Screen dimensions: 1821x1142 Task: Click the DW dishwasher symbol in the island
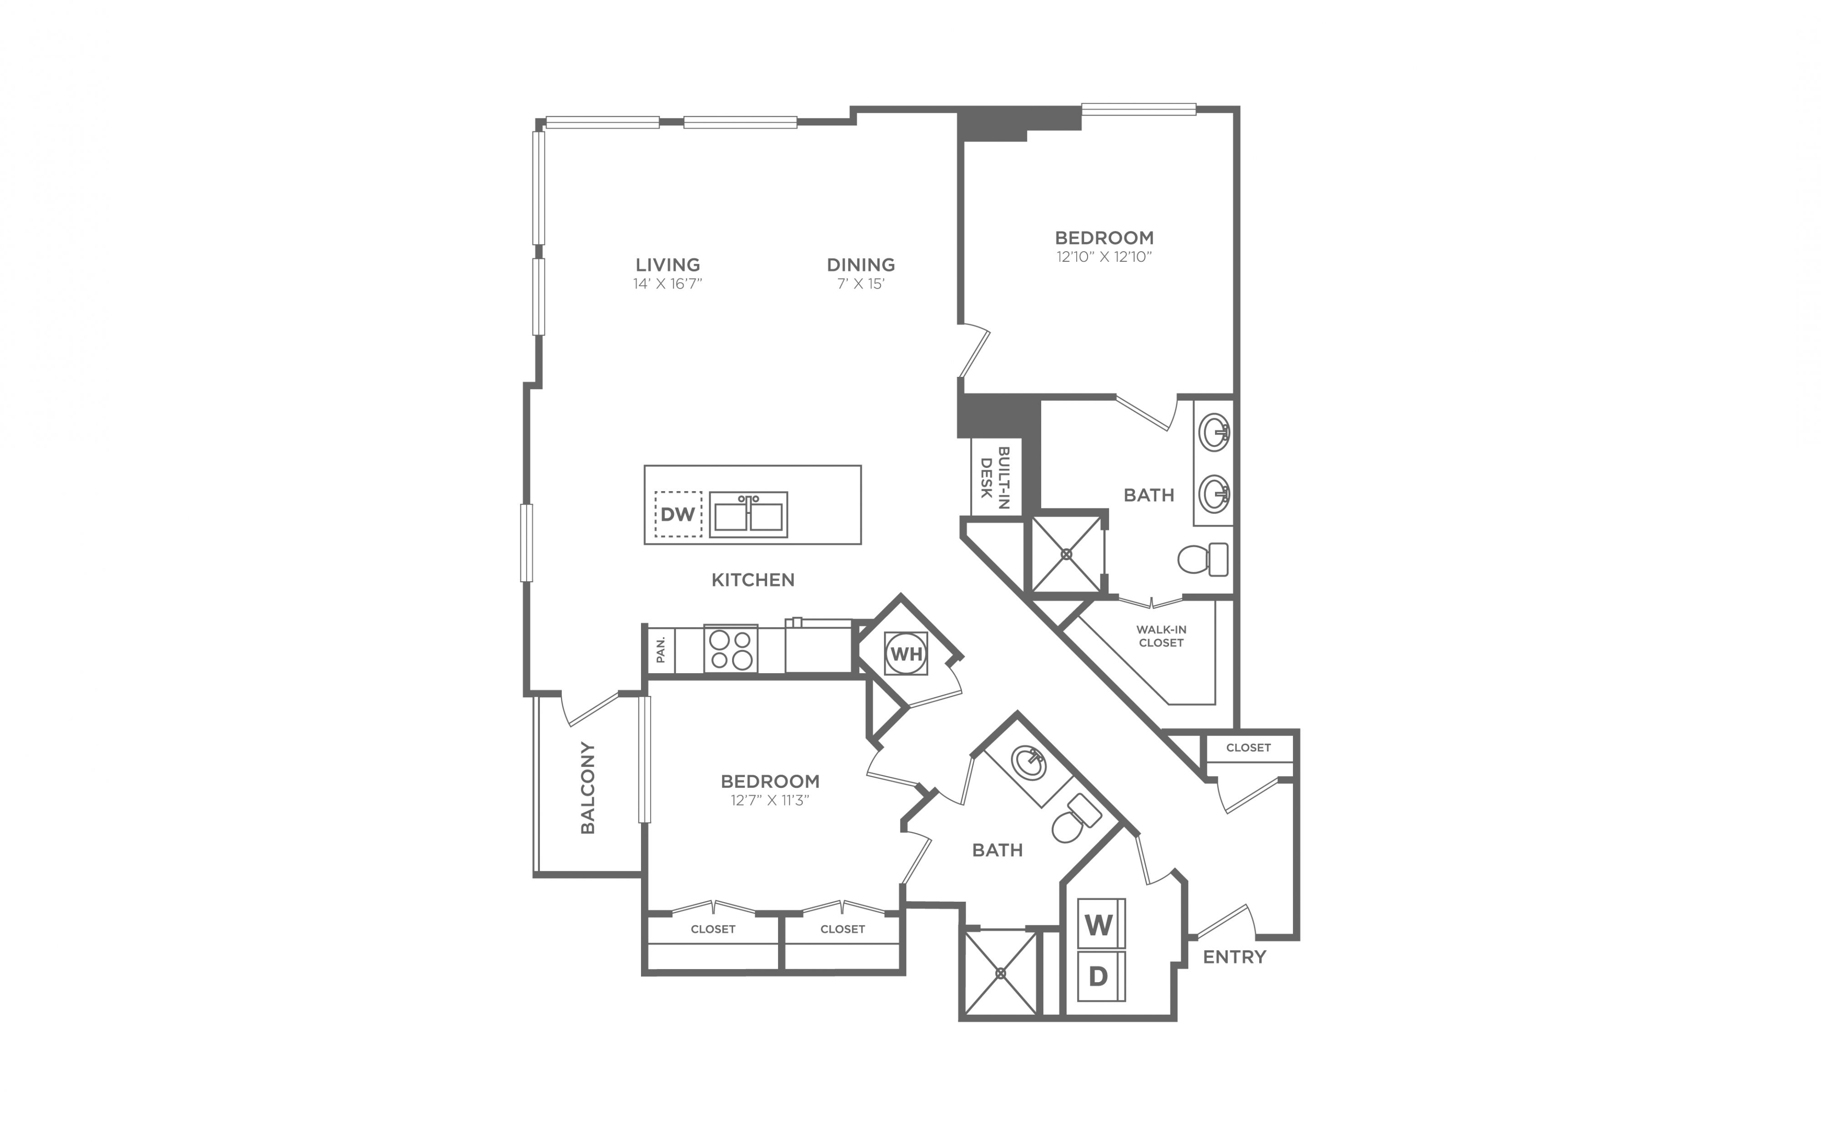[677, 514]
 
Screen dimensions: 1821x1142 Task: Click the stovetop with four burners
[730, 649]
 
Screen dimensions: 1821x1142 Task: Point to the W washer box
[1100, 924]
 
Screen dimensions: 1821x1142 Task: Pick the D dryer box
[1100, 976]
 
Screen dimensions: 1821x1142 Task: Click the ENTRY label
[1234, 957]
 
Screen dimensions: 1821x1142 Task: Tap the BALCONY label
[588, 788]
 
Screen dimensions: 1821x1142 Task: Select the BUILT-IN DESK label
[996, 477]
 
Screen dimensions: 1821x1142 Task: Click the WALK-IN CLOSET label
[1161, 636]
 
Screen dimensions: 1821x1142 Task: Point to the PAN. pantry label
[661, 650]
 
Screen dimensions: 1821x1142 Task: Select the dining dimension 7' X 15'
[860, 284]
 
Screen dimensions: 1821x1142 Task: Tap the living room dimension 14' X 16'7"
[668, 284]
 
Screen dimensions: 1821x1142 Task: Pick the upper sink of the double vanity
[1214, 433]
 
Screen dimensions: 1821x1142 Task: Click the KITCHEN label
[753, 580]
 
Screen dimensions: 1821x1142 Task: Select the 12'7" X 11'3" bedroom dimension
[770, 801]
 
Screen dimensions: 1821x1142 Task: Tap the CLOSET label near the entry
[1248, 748]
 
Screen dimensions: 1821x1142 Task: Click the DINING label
[860, 265]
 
